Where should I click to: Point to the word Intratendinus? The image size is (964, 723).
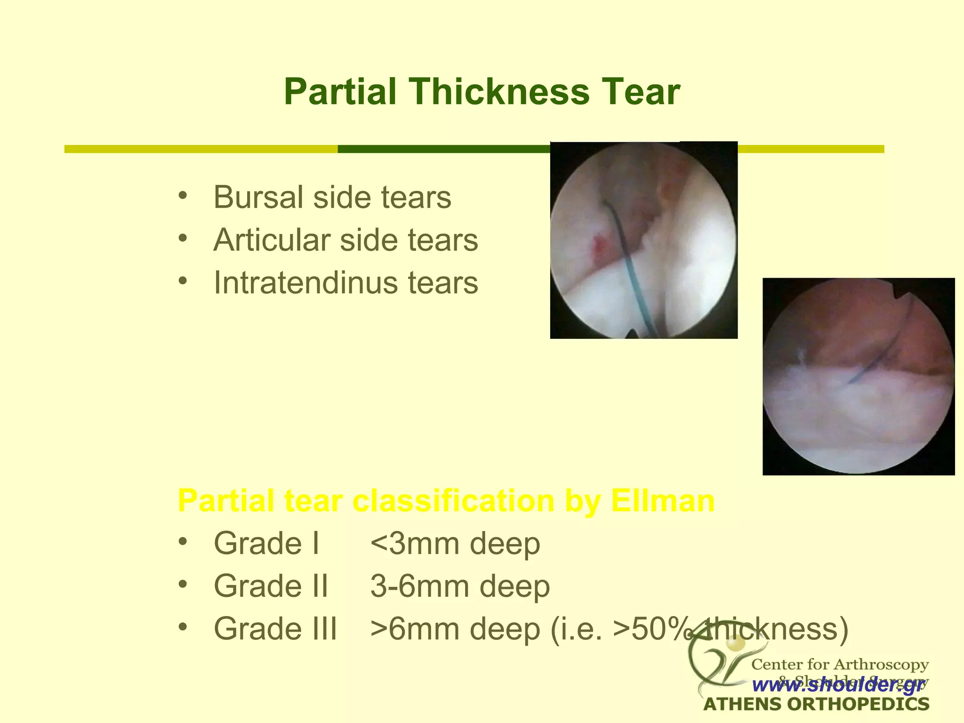pyautogui.click(x=306, y=283)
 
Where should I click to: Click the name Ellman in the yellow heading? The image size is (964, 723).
pyautogui.click(x=662, y=501)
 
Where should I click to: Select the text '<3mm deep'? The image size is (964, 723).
pyautogui.click(x=455, y=544)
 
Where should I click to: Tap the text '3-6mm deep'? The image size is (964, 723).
pyautogui.click(x=460, y=586)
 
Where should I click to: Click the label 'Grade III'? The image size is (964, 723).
pyautogui.click(x=275, y=629)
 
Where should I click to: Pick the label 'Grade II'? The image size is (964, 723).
pyautogui.click(x=271, y=586)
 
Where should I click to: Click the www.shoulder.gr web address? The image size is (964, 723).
pyautogui.click(x=838, y=685)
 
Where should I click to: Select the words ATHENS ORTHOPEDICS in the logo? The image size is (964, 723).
pyautogui.click(x=816, y=705)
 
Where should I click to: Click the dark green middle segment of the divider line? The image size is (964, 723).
pyautogui.click(x=442, y=149)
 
